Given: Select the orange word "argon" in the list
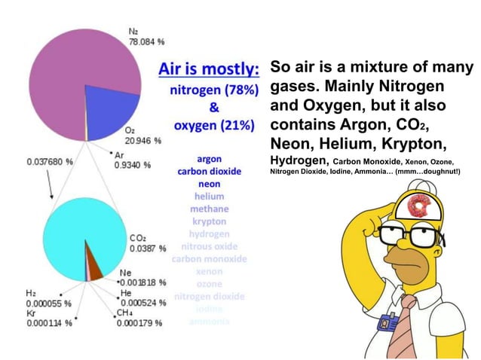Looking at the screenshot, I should click(x=209, y=160).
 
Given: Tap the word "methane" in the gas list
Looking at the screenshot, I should click(x=209, y=209).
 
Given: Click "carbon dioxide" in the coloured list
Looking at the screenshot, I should click(x=209, y=172).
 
